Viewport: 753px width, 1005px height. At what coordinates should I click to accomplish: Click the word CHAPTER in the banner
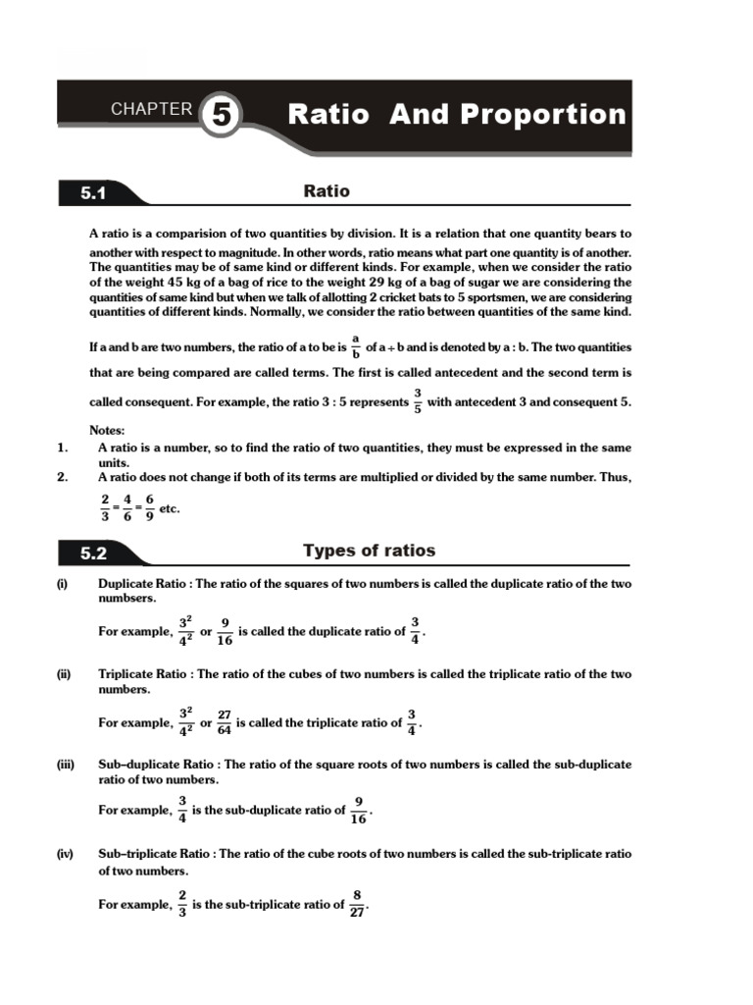click(151, 109)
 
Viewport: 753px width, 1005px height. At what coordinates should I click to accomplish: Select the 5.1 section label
click(93, 194)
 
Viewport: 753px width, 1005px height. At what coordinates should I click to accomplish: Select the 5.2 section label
click(93, 554)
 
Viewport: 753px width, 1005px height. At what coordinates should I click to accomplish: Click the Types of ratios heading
click(369, 551)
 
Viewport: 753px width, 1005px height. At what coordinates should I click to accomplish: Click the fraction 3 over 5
click(417, 401)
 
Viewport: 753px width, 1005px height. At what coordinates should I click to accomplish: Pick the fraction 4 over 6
click(126, 508)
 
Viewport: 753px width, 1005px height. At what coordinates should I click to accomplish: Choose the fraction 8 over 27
click(357, 904)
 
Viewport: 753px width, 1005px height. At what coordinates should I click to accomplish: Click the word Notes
click(108, 430)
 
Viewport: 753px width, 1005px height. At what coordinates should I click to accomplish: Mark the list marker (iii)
click(65, 764)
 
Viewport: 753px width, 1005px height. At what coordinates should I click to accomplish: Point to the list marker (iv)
click(65, 854)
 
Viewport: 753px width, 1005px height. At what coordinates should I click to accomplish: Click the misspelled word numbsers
click(126, 599)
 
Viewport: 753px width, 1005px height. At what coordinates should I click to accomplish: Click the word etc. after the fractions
click(170, 508)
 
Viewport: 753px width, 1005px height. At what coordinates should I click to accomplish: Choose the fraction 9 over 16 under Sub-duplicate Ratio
click(359, 811)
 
